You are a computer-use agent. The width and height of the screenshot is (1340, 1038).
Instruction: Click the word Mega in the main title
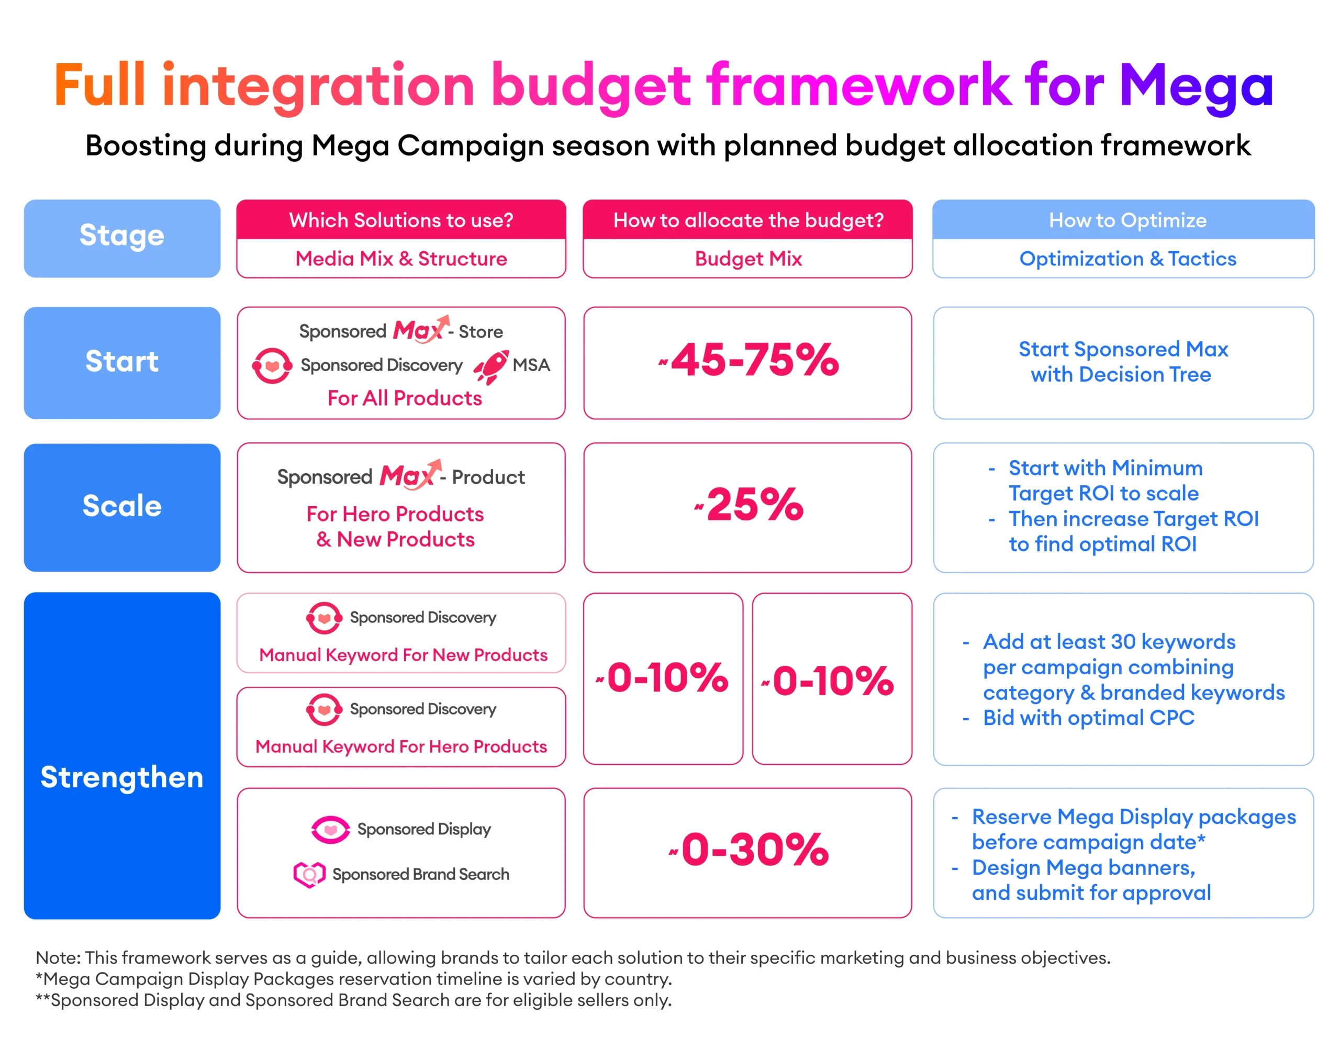point(1197,86)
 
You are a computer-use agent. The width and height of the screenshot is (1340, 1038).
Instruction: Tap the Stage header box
point(122,238)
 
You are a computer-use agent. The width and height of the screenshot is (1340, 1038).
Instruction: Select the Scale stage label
point(122,507)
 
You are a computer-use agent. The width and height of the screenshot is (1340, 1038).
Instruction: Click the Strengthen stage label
point(122,777)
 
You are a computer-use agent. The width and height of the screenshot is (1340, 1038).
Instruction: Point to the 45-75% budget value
point(754,360)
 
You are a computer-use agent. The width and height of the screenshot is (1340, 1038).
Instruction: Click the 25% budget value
point(754,506)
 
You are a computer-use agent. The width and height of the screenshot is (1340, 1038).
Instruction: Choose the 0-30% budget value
point(754,850)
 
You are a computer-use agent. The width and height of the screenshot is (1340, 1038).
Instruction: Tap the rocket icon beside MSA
point(491,366)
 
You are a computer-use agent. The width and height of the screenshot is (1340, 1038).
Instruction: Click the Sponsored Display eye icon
point(330,830)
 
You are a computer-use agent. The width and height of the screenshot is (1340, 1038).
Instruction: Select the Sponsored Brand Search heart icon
point(309,874)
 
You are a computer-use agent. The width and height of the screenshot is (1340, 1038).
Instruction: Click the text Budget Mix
point(748,259)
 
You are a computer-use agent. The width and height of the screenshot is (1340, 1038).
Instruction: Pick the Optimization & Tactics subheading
point(1127,259)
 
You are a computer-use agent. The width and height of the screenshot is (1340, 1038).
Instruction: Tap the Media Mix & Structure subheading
point(401,259)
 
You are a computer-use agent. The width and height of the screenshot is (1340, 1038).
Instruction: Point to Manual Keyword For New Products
point(403,655)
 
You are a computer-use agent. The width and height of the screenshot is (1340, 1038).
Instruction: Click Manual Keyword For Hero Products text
point(401,746)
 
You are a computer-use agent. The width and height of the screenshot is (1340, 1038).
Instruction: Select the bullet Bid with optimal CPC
point(1088,718)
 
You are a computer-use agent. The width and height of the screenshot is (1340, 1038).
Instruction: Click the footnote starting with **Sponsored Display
point(353,1001)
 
